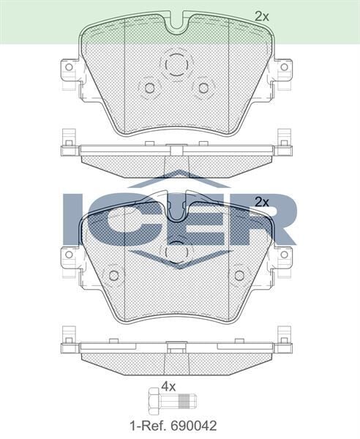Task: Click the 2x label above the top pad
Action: point(262,15)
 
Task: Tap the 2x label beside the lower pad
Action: point(261,201)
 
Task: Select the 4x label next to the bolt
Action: point(168,386)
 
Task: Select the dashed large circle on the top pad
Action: point(176,65)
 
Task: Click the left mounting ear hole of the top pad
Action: point(70,67)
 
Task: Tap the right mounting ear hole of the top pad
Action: point(282,67)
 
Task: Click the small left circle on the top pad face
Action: point(150,88)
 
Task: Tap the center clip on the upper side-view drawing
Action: point(176,150)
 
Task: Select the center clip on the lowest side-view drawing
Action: point(176,344)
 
